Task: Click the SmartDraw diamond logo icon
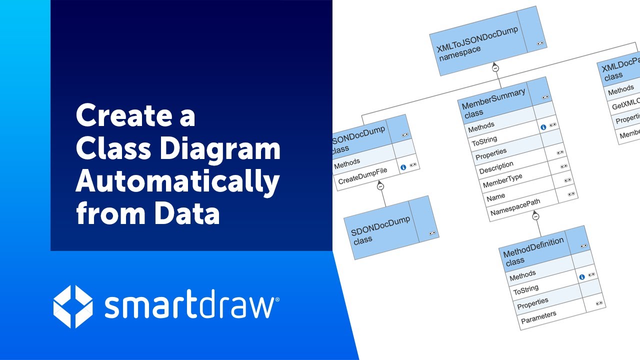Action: (72, 306)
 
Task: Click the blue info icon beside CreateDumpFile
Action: (403, 167)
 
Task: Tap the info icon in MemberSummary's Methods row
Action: (543, 127)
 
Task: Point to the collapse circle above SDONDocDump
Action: (380, 186)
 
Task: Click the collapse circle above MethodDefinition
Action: (535, 216)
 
